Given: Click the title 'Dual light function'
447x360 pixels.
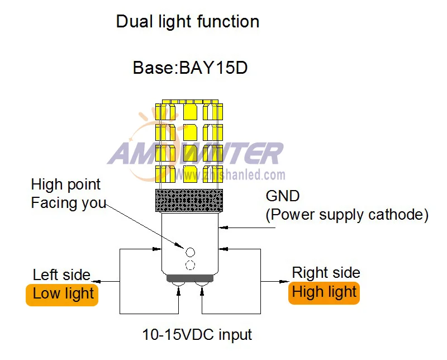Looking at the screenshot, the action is [x=188, y=22].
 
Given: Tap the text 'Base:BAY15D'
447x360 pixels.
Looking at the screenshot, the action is [x=190, y=68].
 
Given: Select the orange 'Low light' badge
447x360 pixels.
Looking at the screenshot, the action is [x=62, y=295].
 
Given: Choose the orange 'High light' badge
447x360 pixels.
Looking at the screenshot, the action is [x=324, y=293].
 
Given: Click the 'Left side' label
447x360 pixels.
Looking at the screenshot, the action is [x=61, y=275].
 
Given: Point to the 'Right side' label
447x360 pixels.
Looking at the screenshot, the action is [x=326, y=273].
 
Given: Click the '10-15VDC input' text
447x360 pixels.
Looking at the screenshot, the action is [x=197, y=334].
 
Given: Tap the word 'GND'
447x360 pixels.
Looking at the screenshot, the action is [x=283, y=196].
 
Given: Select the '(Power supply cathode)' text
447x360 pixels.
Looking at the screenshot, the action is [x=347, y=215].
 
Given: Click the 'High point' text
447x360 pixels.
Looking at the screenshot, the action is [x=65, y=184].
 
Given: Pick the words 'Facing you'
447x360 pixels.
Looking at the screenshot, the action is [x=68, y=203].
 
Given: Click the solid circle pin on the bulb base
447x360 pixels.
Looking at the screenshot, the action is [x=190, y=252].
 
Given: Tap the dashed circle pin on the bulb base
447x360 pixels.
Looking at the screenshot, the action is [x=190, y=266].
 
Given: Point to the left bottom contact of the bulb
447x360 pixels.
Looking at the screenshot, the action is [x=178, y=284].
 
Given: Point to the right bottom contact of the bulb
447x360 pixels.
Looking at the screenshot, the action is [x=202, y=284].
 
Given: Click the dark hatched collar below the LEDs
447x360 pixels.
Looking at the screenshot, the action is [x=189, y=201].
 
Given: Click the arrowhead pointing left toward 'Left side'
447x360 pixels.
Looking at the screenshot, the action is [x=96, y=282].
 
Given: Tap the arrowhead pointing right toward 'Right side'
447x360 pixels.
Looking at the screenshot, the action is [x=284, y=282].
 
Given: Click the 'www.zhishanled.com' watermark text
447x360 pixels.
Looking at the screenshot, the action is [x=230, y=174].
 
